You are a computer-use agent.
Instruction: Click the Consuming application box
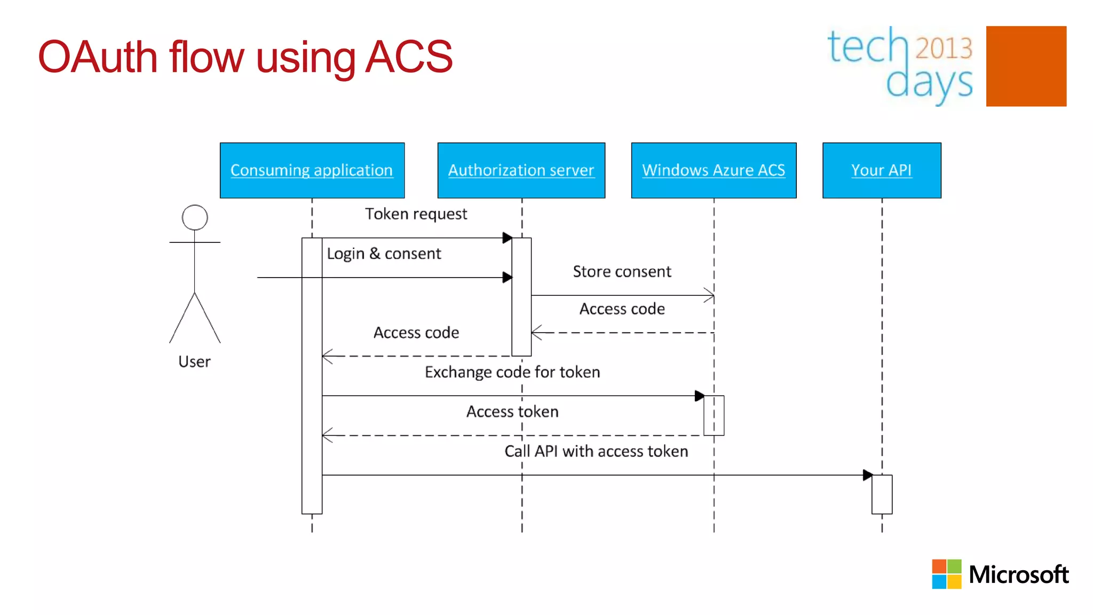coord(312,170)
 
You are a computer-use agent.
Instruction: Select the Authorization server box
coord(521,170)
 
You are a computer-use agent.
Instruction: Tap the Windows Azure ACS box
coord(714,170)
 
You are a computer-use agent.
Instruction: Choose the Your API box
coord(882,170)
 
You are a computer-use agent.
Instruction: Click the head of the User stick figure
coord(195,217)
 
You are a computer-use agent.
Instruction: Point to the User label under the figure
coord(194,362)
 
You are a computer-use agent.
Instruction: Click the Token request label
coord(416,214)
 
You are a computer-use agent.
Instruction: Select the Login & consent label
coord(384,254)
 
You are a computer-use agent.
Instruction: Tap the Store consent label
coord(622,272)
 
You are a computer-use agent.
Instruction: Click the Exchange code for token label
coord(512,372)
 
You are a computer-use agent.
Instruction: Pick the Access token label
coord(512,412)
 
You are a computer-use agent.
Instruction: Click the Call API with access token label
coord(596,451)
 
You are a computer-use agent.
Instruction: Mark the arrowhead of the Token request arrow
coord(507,238)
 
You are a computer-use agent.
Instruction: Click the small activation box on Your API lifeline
coord(882,494)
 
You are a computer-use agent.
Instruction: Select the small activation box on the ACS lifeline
coord(714,415)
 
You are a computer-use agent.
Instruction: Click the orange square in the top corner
coord(1026,66)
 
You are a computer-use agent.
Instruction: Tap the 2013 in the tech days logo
coord(944,48)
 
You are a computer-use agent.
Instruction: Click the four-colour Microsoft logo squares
coord(946,574)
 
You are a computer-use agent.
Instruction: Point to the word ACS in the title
coord(409,57)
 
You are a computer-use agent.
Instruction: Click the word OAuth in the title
coord(98,57)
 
